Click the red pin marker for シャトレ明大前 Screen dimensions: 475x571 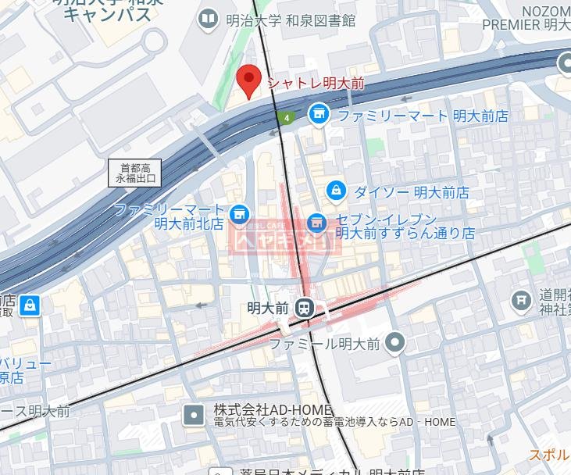pyautogui.click(x=248, y=80)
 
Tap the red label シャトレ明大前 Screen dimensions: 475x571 pyautogui.click(x=316, y=83)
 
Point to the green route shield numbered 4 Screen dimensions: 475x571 pyautogui.click(x=287, y=118)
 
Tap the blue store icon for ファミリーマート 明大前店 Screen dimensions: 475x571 pyautogui.click(x=317, y=115)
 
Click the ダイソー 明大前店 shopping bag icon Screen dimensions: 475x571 pyautogui.click(x=335, y=190)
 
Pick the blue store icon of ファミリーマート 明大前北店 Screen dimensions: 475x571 pyautogui.click(x=239, y=212)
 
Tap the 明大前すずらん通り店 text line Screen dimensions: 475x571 pyautogui.click(x=405, y=233)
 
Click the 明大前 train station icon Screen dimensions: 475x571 pyautogui.click(x=305, y=308)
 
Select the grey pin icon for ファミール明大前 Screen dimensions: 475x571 pyautogui.click(x=396, y=342)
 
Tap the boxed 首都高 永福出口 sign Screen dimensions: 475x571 pyautogui.click(x=135, y=173)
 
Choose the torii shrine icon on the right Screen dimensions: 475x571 pyautogui.click(x=520, y=300)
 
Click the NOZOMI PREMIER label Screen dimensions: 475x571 pyautogui.click(x=527, y=16)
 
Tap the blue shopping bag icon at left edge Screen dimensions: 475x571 pyautogui.click(x=29, y=304)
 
